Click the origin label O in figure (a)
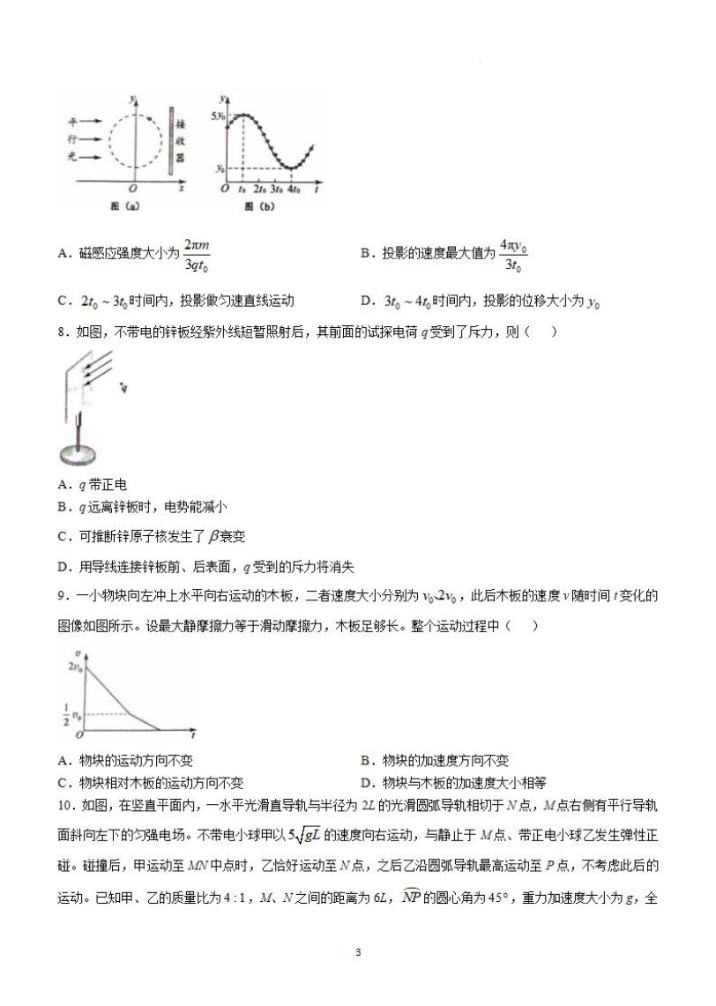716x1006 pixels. click(133, 190)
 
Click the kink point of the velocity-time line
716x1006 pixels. click(130, 712)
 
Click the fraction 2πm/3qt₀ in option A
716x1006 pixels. click(198, 253)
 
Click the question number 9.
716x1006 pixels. click(60, 596)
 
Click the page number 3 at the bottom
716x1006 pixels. click(357, 952)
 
